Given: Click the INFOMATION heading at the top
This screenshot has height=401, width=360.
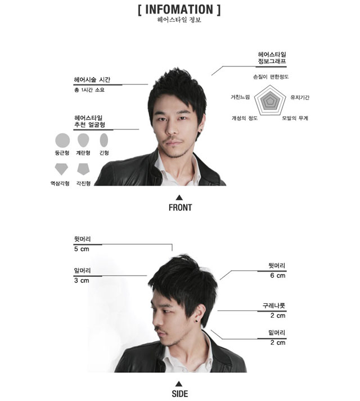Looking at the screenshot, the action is click(x=179, y=10).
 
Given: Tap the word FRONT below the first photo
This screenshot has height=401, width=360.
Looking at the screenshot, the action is click(x=180, y=208).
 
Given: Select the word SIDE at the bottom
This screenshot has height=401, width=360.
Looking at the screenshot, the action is click(x=179, y=394).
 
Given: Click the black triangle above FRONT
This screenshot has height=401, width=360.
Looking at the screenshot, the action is click(x=179, y=197).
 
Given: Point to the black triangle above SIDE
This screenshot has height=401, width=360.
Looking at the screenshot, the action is click(x=179, y=384).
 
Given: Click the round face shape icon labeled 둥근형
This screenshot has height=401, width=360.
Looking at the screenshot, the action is click(x=62, y=141).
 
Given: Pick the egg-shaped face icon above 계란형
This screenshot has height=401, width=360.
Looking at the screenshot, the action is click(x=83, y=140).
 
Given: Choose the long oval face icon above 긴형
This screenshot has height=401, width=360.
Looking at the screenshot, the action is click(x=104, y=140).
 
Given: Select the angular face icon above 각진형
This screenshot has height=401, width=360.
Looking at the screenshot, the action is click(x=83, y=169).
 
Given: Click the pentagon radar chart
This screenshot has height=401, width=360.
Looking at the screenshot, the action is click(x=270, y=101).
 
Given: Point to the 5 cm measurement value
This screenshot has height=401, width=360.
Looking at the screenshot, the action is click(x=82, y=249).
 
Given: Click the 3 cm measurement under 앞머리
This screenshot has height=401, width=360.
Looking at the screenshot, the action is click(x=82, y=281).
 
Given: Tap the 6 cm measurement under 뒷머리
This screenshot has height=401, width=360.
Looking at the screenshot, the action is click(x=278, y=276).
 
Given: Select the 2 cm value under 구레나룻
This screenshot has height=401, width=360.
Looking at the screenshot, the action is click(x=278, y=316).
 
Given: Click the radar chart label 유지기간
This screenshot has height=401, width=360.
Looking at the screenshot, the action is click(x=300, y=97).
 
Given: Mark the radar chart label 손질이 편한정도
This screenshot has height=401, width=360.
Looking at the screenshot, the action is click(x=271, y=76).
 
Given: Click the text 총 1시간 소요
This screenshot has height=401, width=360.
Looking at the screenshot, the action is click(x=89, y=90).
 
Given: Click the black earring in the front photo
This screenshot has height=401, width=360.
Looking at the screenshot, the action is click(x=201, y=130).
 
